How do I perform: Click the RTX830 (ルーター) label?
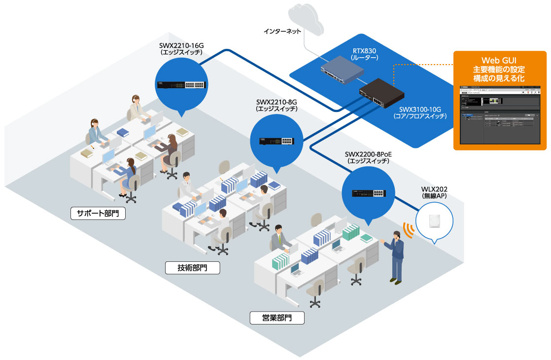pyautogui.click(x=365, y=54)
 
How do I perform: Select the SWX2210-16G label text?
pyautogui.click(x=181, y=48)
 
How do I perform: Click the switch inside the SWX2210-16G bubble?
pyautogui.click(x=180, y=84)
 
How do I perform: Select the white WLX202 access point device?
pyautogui.click(x=434, y=220)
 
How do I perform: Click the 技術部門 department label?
pyautogui.click(x=192, y=268)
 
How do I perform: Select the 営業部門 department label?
pyautogui.click(x=276, y=317)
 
